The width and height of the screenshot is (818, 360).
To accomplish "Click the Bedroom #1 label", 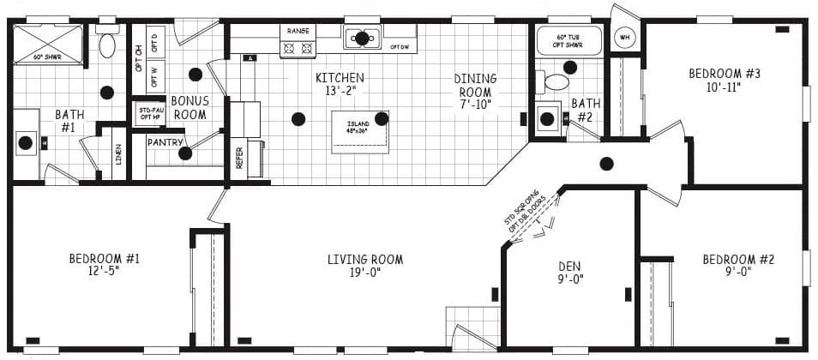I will (x=104, y=265).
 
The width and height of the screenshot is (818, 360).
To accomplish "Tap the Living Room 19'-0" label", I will (x=364, y=266).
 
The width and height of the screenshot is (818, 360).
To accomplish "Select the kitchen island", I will (x=360, y=131).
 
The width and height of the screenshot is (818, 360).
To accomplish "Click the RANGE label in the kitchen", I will (x=298, y=31).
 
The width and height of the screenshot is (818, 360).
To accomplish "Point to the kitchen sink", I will (x=363, y=38).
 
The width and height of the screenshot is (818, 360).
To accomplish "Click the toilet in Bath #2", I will (x=556, y=82).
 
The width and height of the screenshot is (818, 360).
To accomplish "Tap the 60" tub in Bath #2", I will (x=569, y=40).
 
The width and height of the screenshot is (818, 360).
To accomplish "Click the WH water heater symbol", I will (x=624, y=38).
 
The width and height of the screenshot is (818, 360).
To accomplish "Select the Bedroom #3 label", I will (x=725, y=80).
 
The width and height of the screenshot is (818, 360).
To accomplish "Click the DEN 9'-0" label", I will (x=569, y=272).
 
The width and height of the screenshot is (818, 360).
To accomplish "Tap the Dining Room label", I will (x=474, y=92).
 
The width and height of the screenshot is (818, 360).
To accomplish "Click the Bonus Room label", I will (x=190, y=107).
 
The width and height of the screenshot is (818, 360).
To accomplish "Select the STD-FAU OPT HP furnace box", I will (x=151, y=113).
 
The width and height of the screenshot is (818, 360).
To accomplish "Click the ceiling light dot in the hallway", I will (x=607, y=163).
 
